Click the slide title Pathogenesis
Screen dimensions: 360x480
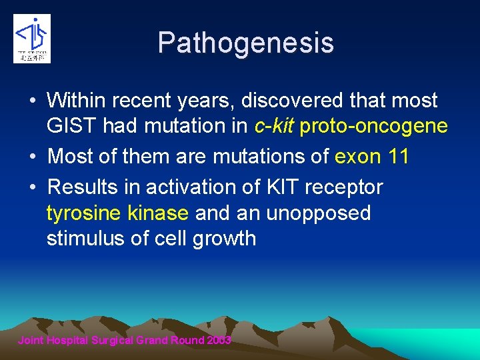point(245,43)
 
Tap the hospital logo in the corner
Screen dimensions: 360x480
point(31,38)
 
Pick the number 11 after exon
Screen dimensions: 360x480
point(398,157)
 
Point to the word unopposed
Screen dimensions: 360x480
point(319,213)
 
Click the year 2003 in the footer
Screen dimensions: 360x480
point(219,340)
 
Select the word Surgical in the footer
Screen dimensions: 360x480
point(113,340)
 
